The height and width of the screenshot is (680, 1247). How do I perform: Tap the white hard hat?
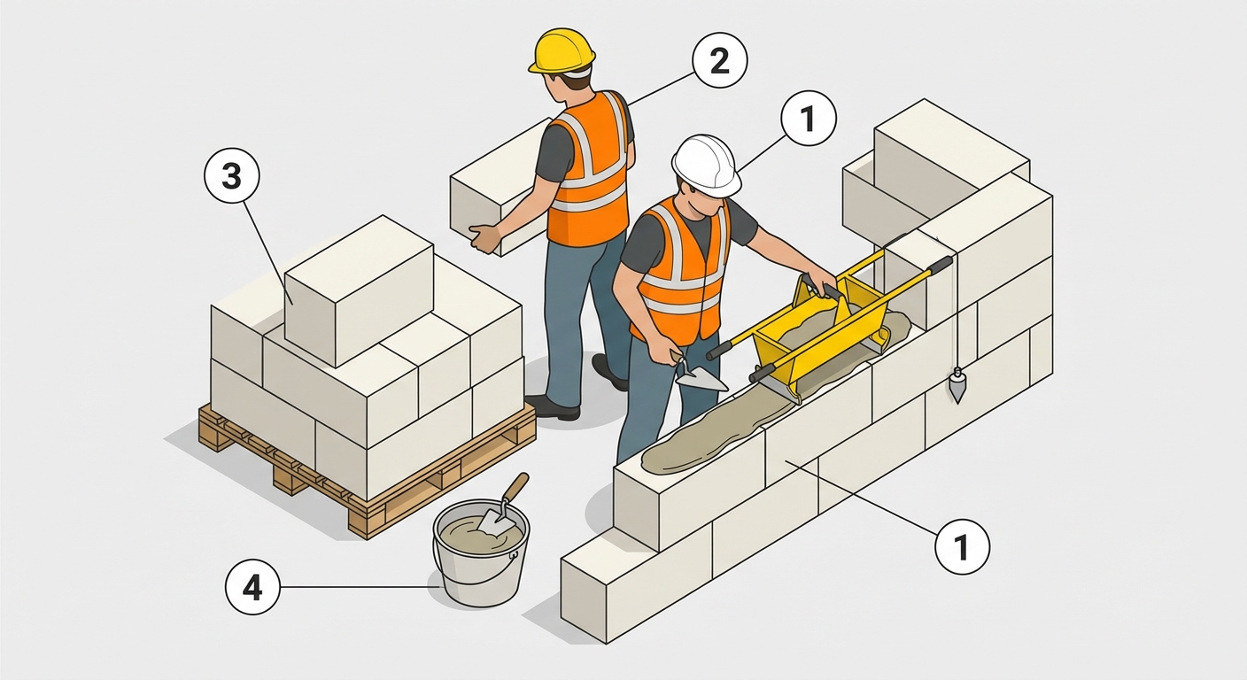pyautogui.click(x=706, y=165)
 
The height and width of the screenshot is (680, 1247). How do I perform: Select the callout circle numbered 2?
pyautogui.click(x=720, y=60)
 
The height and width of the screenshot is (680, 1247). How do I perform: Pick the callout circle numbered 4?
pyautogui.click(x=252, y=587)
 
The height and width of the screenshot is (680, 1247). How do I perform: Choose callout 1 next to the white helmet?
pyautogui.click(x=809, y=119)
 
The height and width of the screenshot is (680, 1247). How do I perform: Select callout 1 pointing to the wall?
pyautogui.click(x=963, y=546)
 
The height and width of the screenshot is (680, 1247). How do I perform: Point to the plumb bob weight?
pyautogui.click(x=957, y=385)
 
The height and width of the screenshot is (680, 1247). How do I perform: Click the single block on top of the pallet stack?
pyautogui.click(x=359, y=290)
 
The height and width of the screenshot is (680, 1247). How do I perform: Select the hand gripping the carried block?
pyautogui.click(x=484, y=237)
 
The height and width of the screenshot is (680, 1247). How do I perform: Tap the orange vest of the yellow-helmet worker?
pyautogui.click(x=590, y=170)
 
